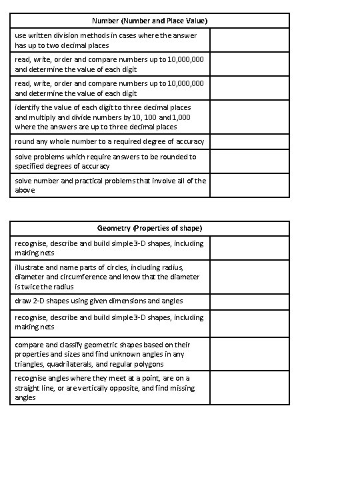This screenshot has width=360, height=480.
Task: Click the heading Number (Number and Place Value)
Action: coord(149,21)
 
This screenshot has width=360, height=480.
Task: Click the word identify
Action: coord(28,107)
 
